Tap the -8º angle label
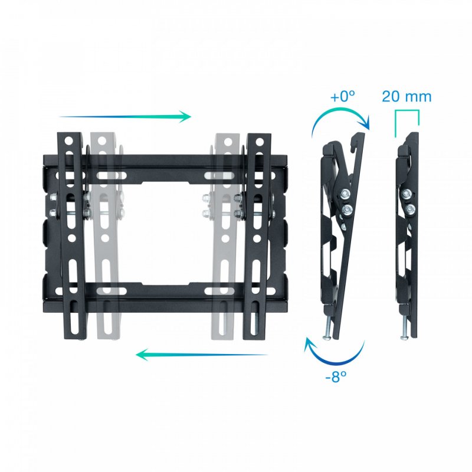336,376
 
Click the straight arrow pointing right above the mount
125,116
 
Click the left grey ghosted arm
103,236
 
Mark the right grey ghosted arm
225,236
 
